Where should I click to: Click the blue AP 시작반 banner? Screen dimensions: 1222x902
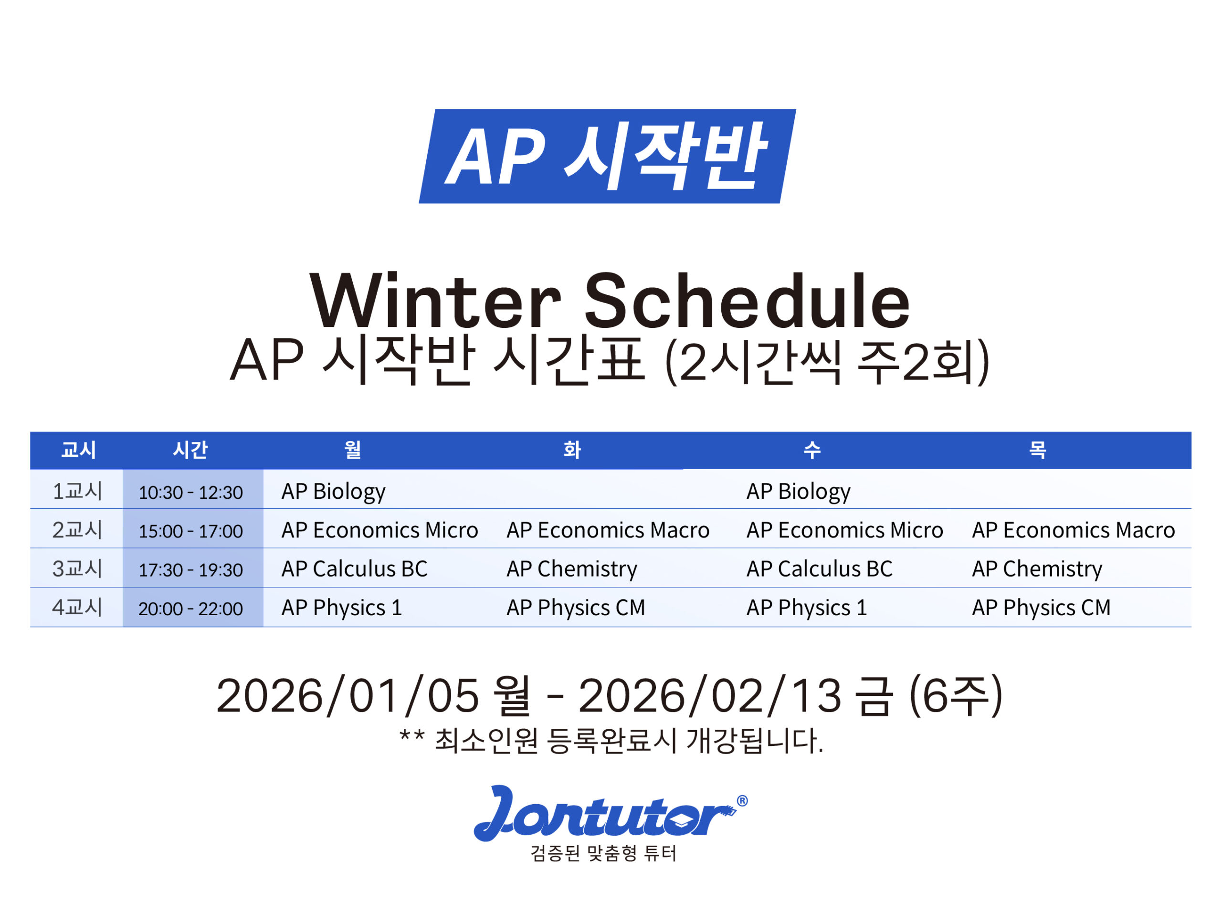click(607, 157)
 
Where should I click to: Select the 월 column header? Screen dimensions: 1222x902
click(353, 450)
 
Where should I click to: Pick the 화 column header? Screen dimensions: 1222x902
click(572, 450)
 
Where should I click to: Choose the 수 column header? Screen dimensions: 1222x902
click(812, 450)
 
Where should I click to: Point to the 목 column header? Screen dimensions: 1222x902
click(1037, 450)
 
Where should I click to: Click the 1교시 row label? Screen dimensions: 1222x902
click(77, 491)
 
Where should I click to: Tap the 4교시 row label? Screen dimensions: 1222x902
click(77, 607)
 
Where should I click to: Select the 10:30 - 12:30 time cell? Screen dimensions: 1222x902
click(190, 493)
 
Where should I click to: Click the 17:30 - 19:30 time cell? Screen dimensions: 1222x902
click(190, 570)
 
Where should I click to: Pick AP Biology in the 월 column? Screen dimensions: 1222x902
click(334, 492)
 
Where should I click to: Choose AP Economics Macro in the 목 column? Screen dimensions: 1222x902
click(1074, 530)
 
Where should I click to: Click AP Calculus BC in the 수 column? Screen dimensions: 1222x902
click(820, 569)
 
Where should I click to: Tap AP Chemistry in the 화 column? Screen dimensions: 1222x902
click(572, 569)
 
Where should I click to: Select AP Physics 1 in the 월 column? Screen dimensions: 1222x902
click(342, 608)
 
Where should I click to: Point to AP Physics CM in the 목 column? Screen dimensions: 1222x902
click(1041, 608)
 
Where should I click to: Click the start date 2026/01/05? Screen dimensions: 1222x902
click(348, 696)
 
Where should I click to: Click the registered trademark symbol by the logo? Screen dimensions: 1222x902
click(742, 801)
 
